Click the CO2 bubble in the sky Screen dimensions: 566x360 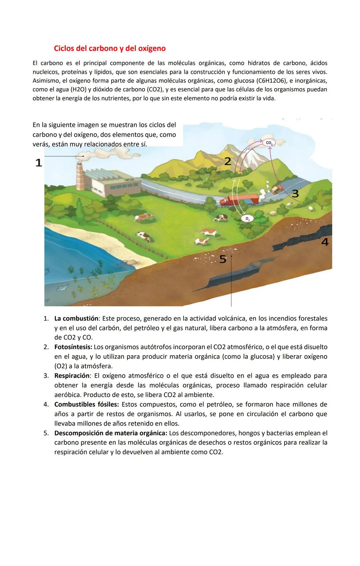269,143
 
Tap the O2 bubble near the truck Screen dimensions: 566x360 247,218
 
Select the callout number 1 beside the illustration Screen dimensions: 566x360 39,163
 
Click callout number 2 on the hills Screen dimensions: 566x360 228,161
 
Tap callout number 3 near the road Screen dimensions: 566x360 295,193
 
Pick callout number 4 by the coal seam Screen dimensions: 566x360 325,242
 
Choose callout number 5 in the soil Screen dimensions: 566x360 223,259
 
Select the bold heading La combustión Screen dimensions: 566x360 76,318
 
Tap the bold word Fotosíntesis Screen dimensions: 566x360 73,347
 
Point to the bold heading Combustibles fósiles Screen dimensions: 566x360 86,404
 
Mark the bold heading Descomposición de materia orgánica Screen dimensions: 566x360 111,433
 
